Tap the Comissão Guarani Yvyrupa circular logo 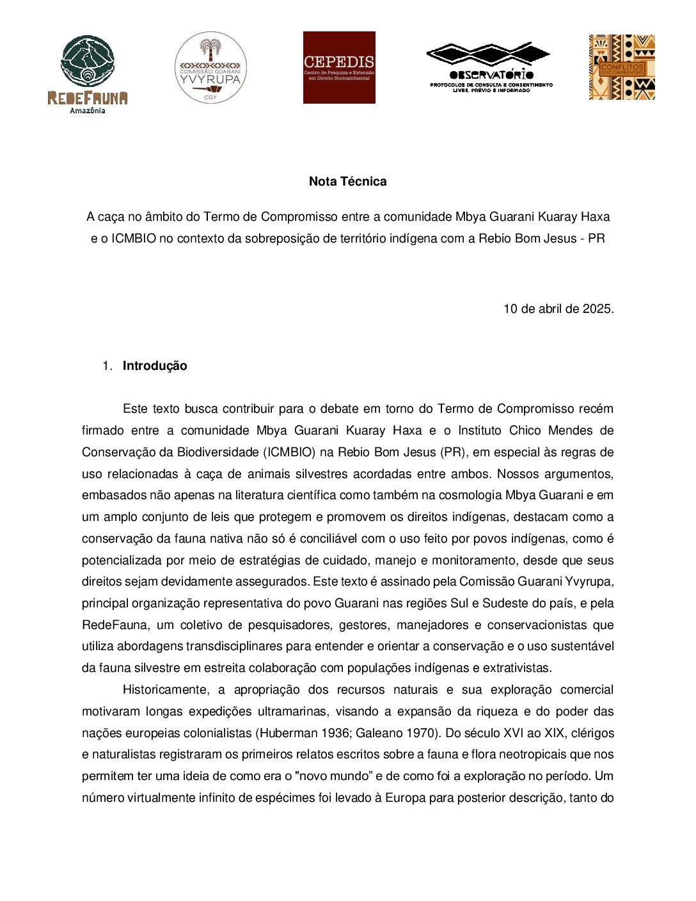tap(210, 68)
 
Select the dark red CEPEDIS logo tap(339, 67)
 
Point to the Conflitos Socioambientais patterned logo tap(622, 67)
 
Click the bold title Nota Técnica tap(347, 181)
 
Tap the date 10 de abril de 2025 tap(558, 308)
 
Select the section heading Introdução tap(155, 366)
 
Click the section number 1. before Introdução tap(107, 366)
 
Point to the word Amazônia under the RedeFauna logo tap(88, 111)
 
